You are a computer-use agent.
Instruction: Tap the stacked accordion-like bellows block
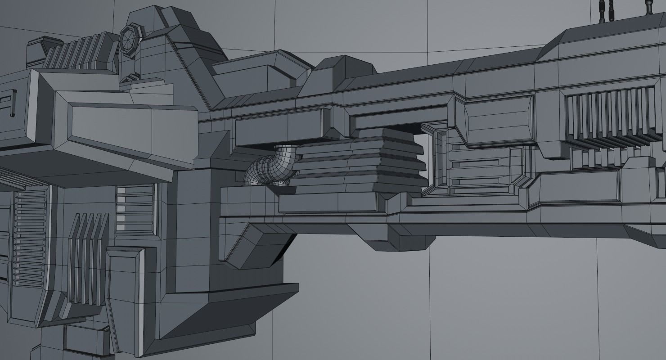point(360,162)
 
